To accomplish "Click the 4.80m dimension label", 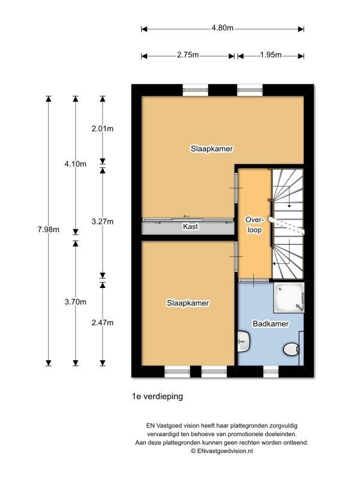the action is [222, 28].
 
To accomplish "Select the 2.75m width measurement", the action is [188, 55].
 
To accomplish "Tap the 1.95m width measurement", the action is [271, 55].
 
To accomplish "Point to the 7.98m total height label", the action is [49, 230].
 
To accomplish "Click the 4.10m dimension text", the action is [76, 164].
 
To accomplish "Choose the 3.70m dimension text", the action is [76, 302].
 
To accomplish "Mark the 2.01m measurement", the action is [103, 129].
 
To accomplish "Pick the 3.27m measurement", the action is [103, 221].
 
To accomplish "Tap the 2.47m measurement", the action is [103, 323].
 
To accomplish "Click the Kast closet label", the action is [190, 227].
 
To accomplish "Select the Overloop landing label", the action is [254, 224].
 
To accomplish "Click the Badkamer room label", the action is [271, 324].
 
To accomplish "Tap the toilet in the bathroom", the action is [291, 349].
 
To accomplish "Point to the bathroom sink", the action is [244, 341].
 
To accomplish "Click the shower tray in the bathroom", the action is [289, 298].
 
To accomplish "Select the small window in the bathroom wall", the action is [271, 371].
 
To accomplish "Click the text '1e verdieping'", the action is [157, 397].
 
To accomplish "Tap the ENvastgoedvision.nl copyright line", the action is [222, 451].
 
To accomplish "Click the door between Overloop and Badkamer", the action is [254, 280].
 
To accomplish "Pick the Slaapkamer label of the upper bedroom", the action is [212, 149].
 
